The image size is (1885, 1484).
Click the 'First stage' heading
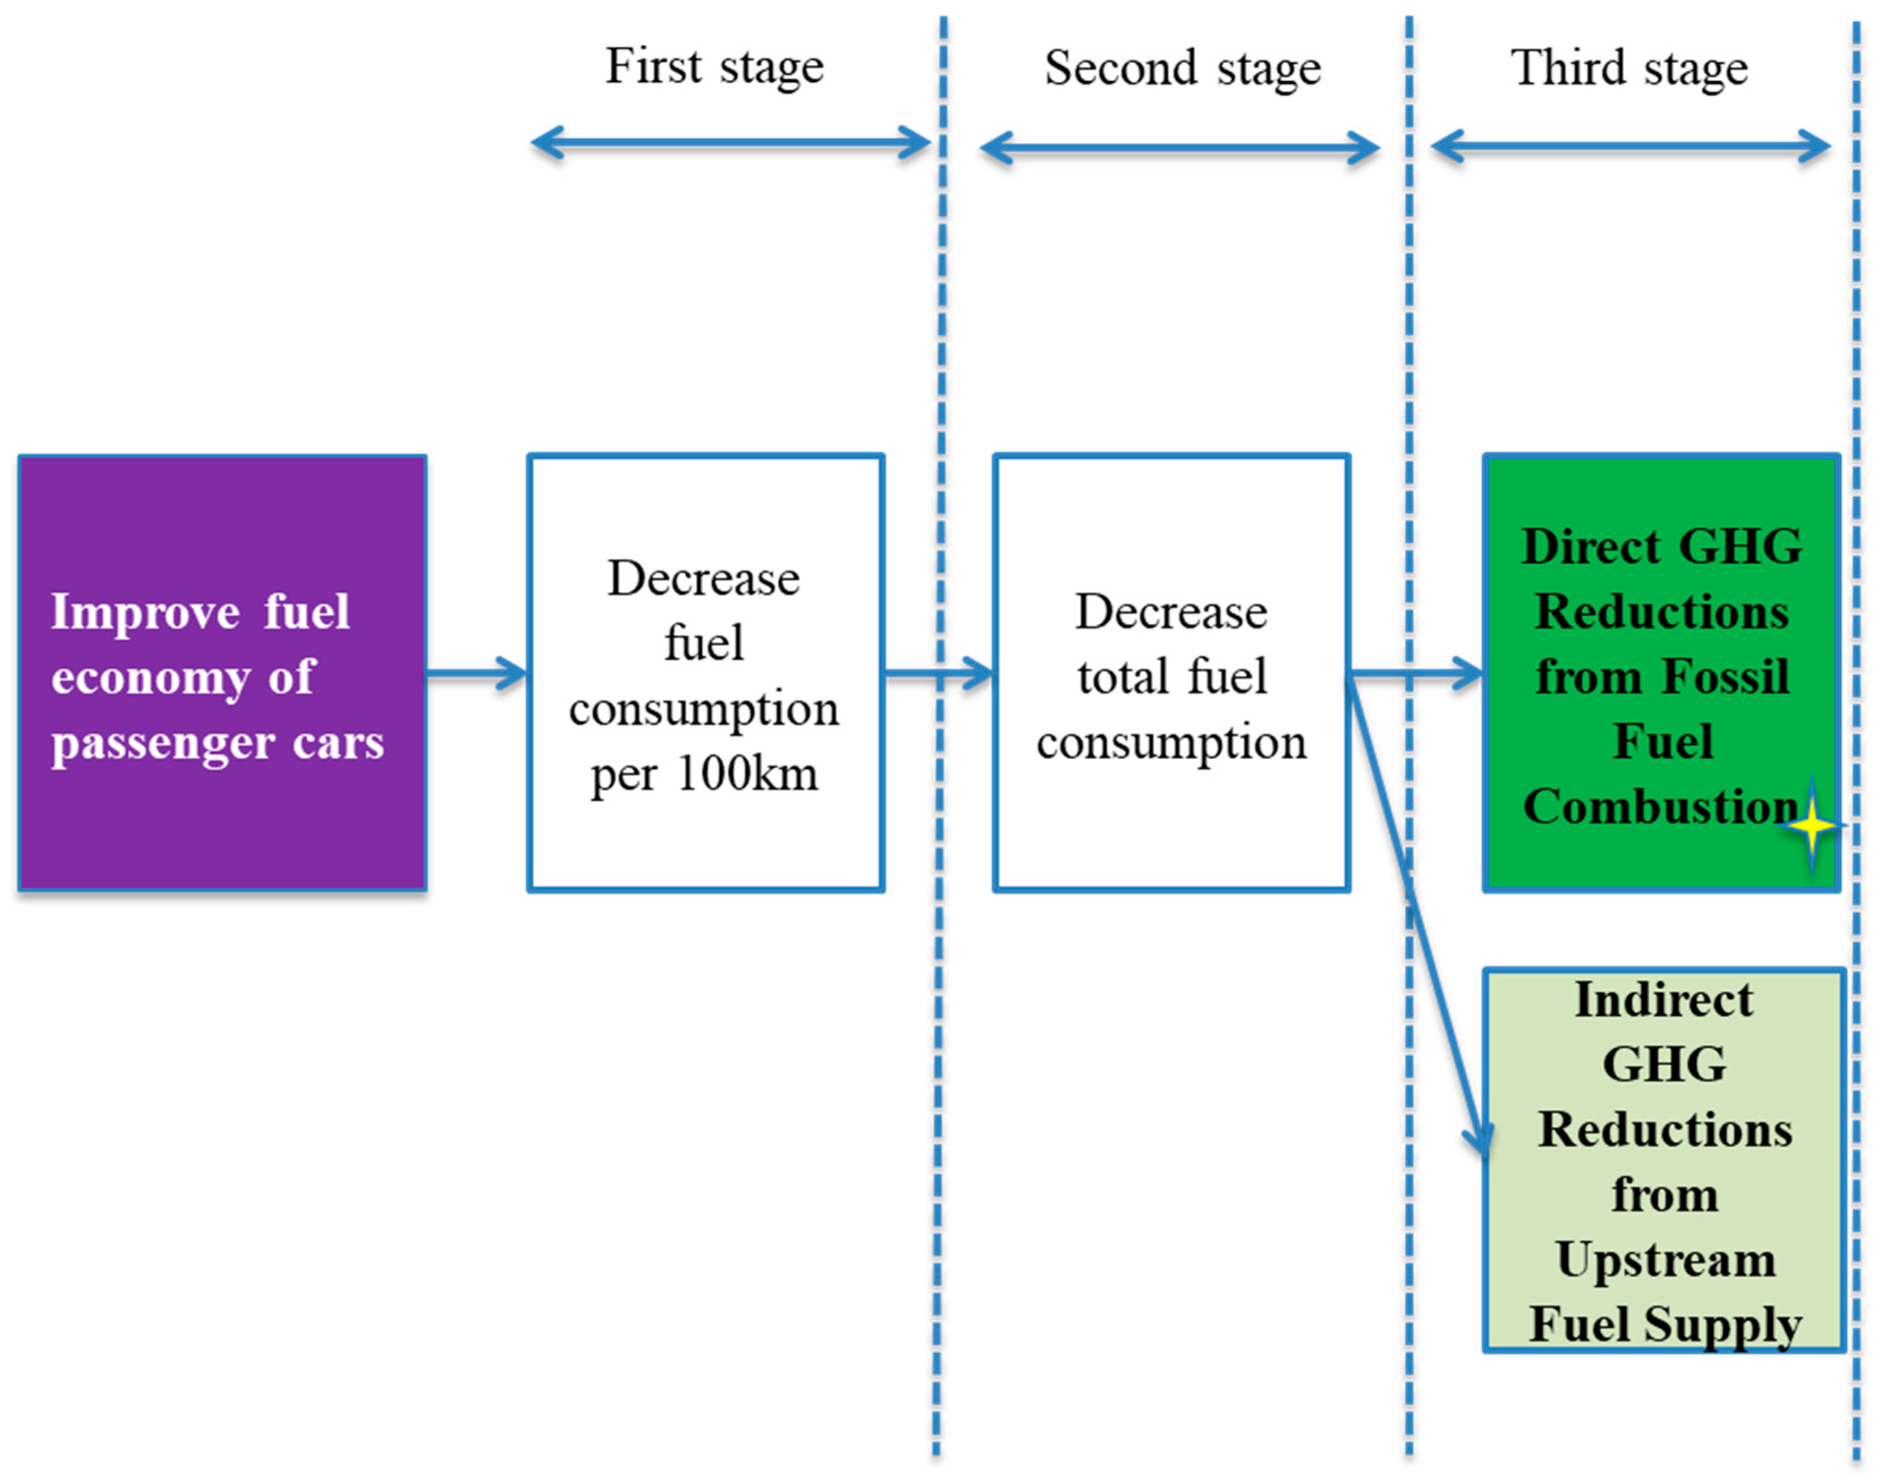coord(714,68)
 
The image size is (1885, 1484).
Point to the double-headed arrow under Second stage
coord(1179,148)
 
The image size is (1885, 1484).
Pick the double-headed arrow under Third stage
coord(1631,147)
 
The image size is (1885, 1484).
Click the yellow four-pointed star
coord(1811,826)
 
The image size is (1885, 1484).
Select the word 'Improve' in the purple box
coord(145,611)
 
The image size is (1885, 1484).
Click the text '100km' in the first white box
coord(748,773)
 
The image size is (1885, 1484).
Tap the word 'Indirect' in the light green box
coord(1663,999)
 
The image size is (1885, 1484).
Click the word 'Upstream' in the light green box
coord(1665,1260)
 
